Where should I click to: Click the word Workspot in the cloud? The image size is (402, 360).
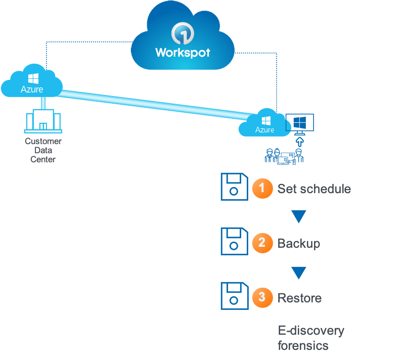[x=183, y=53]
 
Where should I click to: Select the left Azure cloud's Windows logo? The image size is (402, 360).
[x=33, y=79]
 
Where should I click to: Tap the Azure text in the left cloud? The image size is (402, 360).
[x=32, y=89]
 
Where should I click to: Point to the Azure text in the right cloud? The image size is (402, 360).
[x=264, y=130]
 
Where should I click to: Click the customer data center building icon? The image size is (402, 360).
[x=43, y=121]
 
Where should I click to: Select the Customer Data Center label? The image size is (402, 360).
[x=43, y=150]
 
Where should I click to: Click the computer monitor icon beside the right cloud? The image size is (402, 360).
[x=299, y=123]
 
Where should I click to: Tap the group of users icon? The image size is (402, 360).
[x=284, y=155]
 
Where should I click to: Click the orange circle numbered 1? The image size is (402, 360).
[x=261, y=189]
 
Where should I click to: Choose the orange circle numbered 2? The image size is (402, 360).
[x=261, y=243]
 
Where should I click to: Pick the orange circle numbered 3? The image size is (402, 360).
[x=261, y=297]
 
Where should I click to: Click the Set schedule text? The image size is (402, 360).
[x=314, y=189]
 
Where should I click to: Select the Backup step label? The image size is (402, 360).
[x=299, y=243]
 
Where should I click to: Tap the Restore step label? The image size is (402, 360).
[x=299, y=298]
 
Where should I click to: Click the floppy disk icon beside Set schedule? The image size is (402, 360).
[x=234, y=187]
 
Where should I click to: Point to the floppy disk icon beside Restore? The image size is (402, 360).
[x=234, y=296]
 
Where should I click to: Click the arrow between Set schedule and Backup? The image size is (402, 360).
[x=299, y=217]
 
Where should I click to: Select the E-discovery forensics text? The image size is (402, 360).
[x=310, y=338]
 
